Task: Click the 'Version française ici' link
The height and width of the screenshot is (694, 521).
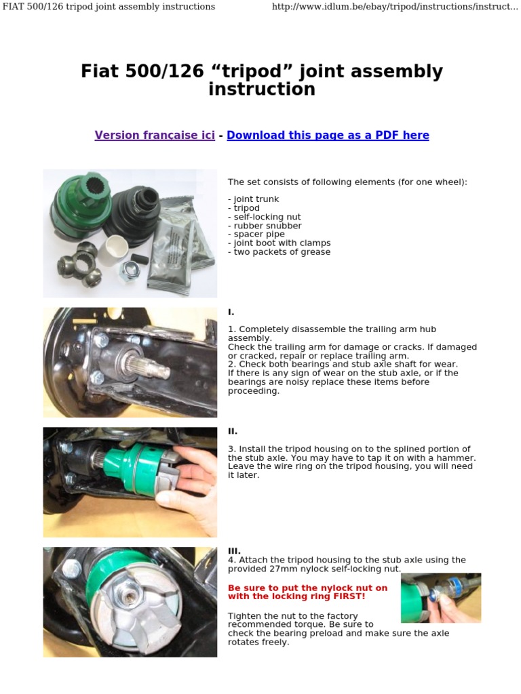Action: (x=155, y=135)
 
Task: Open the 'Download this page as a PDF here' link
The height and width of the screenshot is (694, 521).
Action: (x=328, y=135)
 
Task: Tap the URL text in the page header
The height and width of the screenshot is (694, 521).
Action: (x=394, y=7)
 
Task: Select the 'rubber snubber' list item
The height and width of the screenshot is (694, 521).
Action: (x=265, y=226)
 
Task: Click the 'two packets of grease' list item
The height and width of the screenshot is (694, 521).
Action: (x=279, y=252)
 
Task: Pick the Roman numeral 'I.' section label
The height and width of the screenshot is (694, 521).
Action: (x=231, y=312)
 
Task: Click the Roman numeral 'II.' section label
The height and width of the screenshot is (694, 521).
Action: (x=232, y=431)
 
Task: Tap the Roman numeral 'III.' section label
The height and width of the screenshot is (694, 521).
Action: (x=234, y=552)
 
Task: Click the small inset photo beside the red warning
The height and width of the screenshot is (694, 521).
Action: (x=441, y=598)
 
